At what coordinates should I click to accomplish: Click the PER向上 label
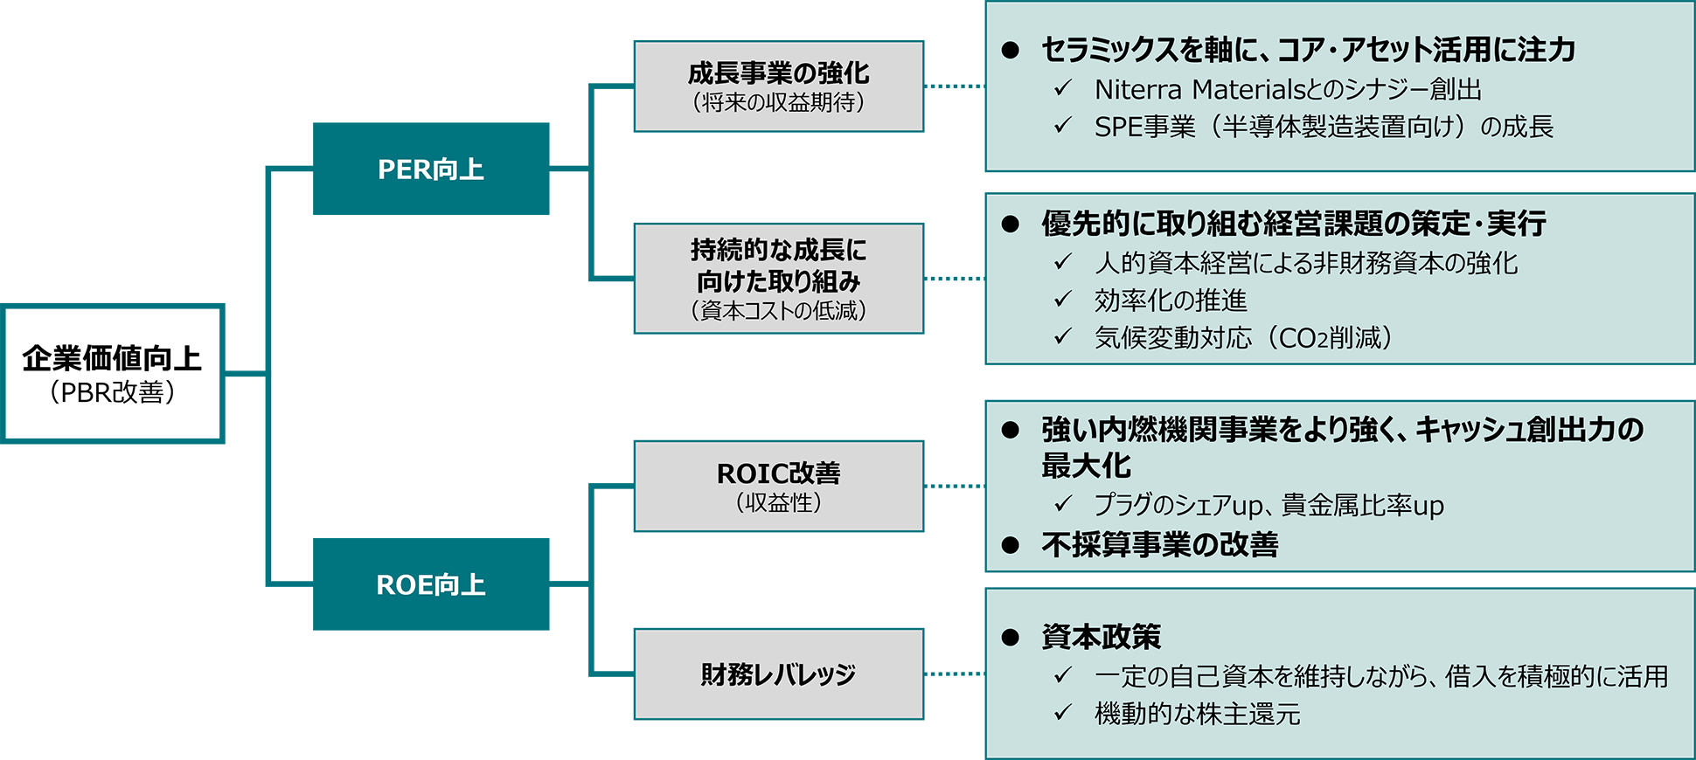coord(430,169)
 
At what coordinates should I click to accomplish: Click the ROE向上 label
coord(430,584)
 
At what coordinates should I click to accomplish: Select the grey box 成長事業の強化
coord(778,86)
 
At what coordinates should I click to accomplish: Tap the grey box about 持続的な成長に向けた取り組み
coord(778,278)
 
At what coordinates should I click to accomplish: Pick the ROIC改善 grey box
coord(778,486)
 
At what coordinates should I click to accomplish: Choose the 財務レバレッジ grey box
coord(778,674)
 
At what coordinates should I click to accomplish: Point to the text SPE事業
coord(1144,127)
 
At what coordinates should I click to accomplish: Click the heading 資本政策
coord(1101,636)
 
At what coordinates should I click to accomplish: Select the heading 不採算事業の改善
coord(1159,544)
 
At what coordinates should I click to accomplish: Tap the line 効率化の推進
coord(1170,301)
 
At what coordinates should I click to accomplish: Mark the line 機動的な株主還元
coord(1197,714)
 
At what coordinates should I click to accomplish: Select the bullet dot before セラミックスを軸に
coord(1011,50)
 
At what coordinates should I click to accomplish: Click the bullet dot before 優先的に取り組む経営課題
coord(1011,224)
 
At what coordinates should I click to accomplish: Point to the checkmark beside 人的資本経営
coord(1063,261)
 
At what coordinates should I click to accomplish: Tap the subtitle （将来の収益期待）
coord(778,103)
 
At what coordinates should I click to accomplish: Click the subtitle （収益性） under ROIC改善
coord(778,503)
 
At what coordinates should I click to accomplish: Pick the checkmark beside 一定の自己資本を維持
coord(1063,674)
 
